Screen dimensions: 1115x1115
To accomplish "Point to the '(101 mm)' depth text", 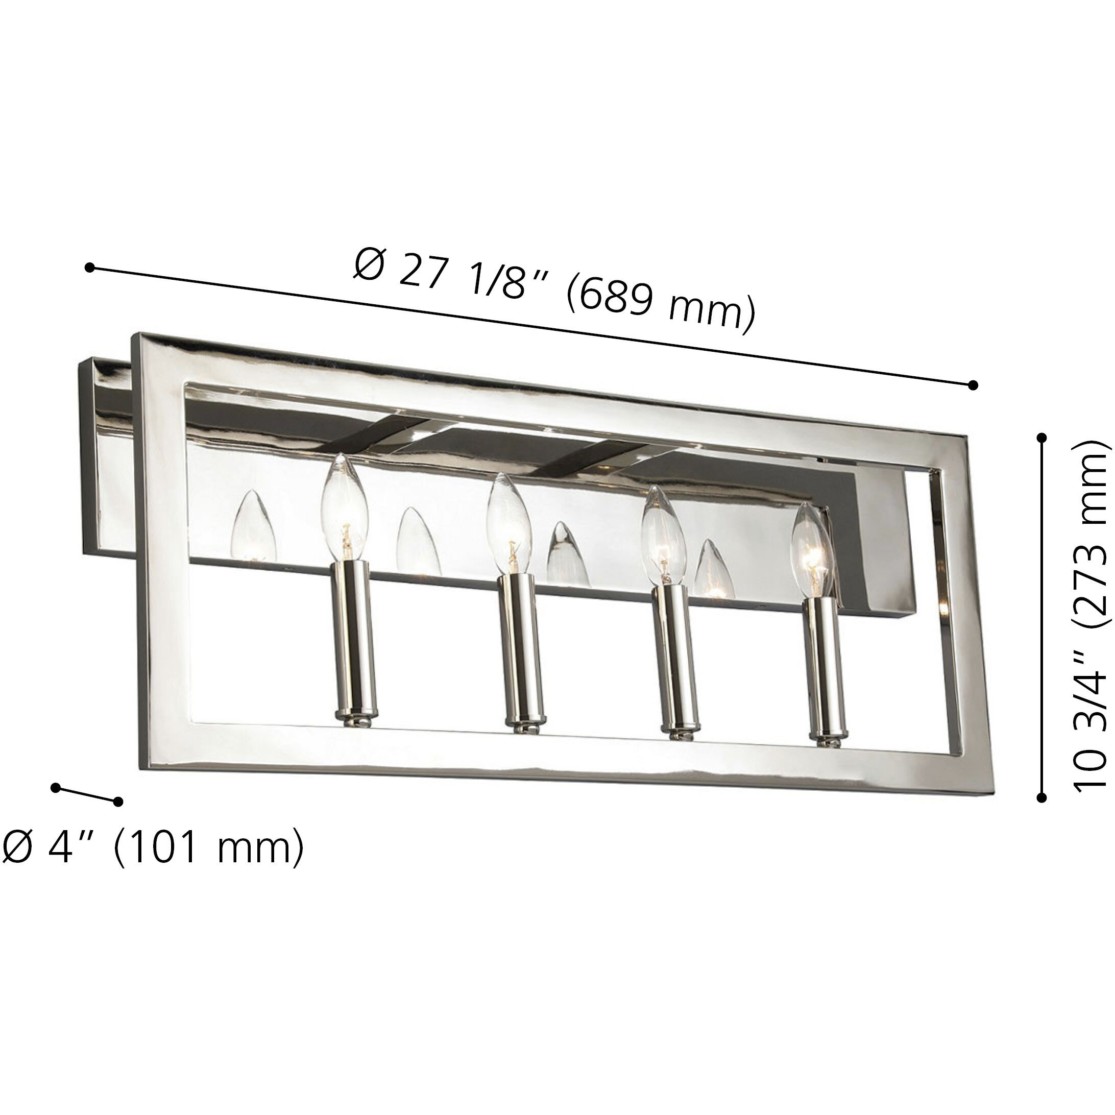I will pos(208,846).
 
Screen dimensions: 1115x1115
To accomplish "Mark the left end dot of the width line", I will pos(89,267).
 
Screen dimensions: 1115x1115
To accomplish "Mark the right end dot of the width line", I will pos(973,385).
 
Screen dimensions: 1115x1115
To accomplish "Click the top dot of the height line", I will pos(1041,438).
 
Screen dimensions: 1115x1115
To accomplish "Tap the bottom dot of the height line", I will pos(1041,797).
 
